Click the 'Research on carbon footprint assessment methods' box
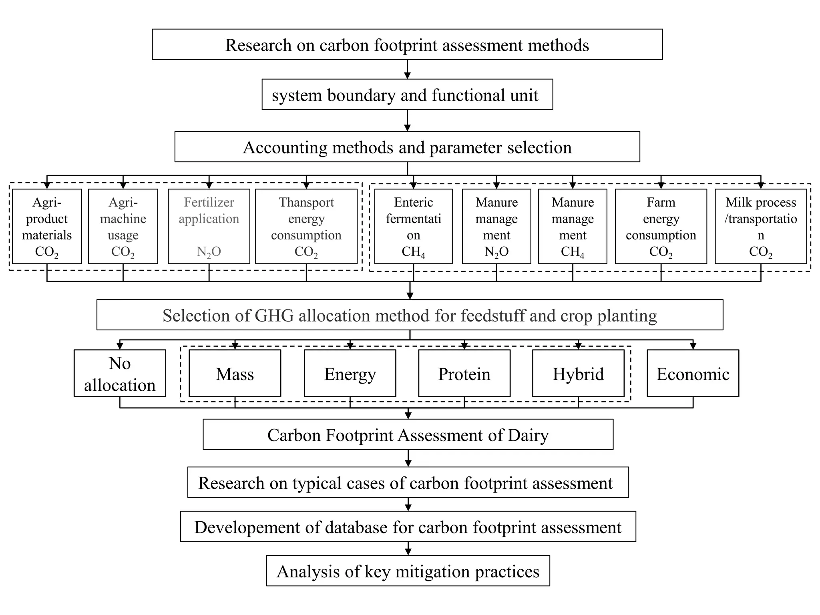(x=407, y=44)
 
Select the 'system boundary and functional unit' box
(x=407, y=94)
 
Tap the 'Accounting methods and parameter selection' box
(x=407, y=147)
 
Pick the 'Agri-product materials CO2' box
(x=47, y=226)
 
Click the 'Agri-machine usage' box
(x=123, y=226)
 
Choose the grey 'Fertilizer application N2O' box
(x=209, y=226)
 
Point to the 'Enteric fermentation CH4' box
(x=413, y=226)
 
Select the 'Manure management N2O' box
(x=496, y=226)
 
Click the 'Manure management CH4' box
(x=573, y=226)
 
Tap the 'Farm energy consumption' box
(x=661, y=226)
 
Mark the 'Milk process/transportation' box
(x=761, y=226)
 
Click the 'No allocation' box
(x=120, y=374)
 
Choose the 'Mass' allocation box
(x=235, y=374)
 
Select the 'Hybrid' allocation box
(x=578, y=374)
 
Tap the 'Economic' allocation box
(x=693, y=374)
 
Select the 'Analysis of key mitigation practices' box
(x=408, y=571)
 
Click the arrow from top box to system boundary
(x=407, y=70)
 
